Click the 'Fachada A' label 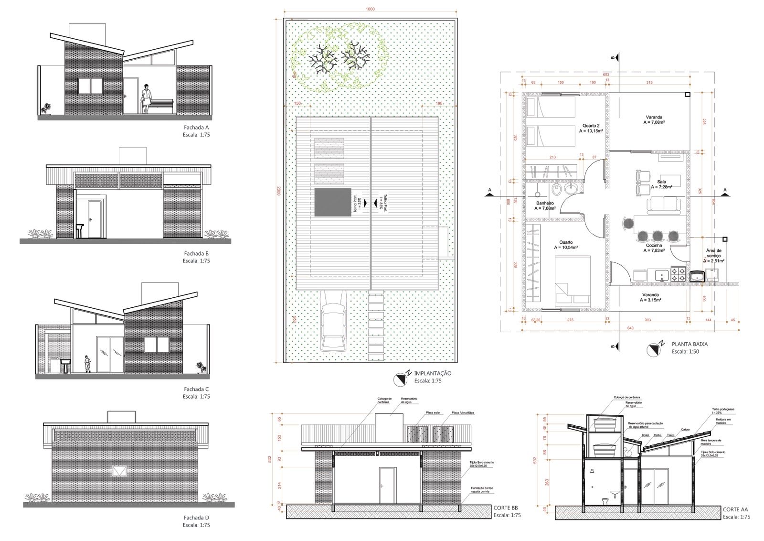(x=196, y=128)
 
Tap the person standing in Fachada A (x=146, y=99)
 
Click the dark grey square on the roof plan (x=332, y=202)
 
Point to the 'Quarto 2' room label (x=590, y=126)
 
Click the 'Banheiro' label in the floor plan (x=544, y=203)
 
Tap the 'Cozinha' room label (x=654, y=245)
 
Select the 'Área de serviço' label (x=713, y=253)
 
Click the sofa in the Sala (x=664, y=206)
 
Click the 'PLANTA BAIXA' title (x=690, y=344)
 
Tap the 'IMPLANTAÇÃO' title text (x=432, y=373)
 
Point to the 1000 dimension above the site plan (x=370, y=9)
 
